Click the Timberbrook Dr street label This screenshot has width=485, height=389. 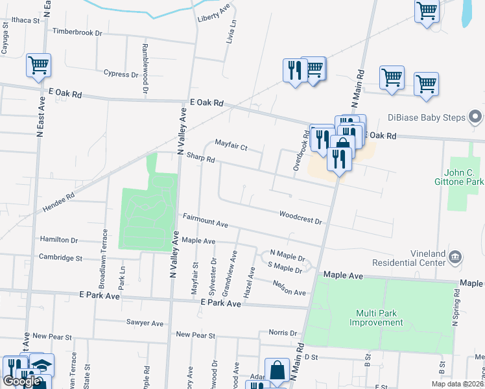77,31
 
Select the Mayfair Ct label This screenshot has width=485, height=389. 231,147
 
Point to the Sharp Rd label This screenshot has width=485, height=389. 200,158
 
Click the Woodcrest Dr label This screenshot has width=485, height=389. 300,217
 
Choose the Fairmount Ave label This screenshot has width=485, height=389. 205,220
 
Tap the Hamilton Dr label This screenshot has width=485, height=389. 58,240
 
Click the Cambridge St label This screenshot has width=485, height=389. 60,257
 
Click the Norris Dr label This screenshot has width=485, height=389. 283,333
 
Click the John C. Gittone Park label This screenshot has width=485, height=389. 464,177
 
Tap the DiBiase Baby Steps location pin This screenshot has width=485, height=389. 475,117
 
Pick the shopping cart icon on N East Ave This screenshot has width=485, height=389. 38,65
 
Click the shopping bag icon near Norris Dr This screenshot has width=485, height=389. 277,370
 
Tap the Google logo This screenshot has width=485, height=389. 22,381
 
